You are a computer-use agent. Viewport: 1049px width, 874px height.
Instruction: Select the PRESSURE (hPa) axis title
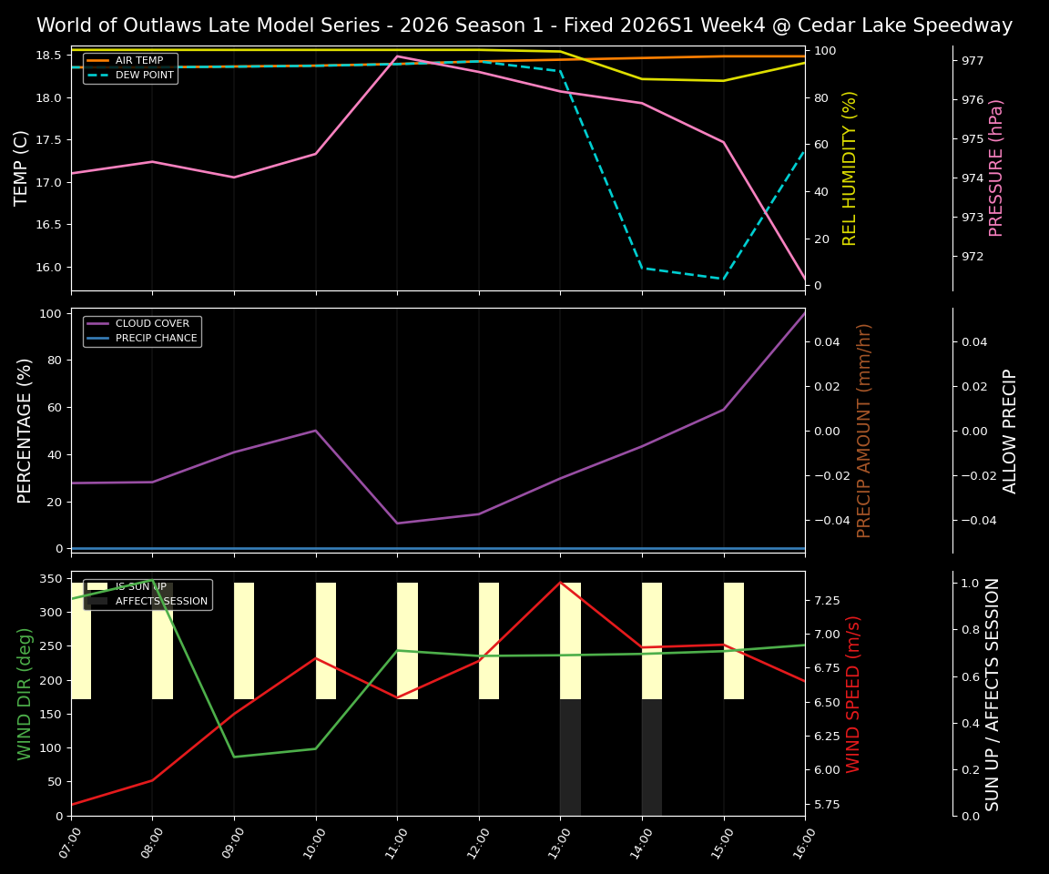coord(997,168)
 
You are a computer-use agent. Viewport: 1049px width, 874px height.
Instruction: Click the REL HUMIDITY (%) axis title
coord(850,168)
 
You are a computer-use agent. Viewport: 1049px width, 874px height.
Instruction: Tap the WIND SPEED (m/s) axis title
coord(853,694)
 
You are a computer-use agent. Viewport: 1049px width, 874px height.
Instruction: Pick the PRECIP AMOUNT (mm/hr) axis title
coord(865,430)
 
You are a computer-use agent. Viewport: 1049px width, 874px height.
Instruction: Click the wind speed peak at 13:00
coord(560,582)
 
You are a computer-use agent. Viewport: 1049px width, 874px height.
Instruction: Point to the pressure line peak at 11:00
coord(397,56)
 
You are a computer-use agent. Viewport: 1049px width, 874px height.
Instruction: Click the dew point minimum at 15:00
coord(724,279)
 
